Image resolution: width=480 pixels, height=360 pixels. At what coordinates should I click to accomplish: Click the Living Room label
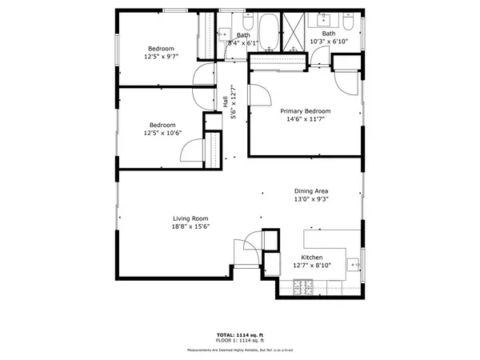[x=190, y=218]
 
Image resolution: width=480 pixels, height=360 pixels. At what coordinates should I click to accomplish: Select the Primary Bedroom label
[x=305, y=111]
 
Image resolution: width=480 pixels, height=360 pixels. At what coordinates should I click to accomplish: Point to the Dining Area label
[x=311, y=191]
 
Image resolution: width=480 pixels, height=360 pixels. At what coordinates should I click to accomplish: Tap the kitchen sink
[x=354, y=260]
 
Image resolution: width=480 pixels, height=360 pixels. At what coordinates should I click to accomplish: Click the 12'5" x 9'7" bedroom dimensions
[x=162, y=57]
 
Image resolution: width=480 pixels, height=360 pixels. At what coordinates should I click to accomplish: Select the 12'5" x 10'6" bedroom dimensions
[x=162, y=134]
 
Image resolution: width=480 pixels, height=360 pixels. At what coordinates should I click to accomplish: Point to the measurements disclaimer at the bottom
[x=239, y=350]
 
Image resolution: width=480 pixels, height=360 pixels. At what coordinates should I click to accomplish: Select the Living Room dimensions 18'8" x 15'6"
[x=190, y=227]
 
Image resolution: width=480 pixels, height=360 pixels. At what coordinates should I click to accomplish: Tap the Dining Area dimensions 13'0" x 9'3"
[x=311, y=200]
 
